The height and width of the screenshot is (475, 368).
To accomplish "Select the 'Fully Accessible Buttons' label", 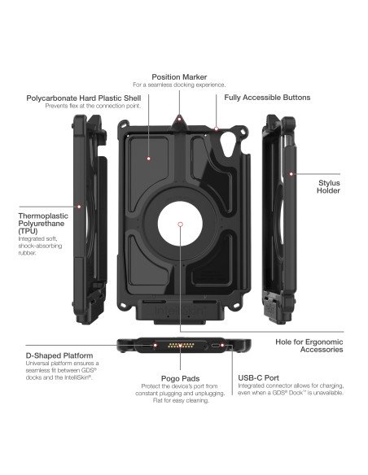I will [267, 98].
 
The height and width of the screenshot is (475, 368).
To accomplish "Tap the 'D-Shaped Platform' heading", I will [59, 355].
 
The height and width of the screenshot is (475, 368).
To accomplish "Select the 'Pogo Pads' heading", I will [175, 378].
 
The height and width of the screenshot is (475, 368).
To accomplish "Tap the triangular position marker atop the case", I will [179, 120].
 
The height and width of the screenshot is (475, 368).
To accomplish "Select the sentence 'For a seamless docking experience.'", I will [179, 85].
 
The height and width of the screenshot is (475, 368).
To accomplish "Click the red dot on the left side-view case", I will [80, 205].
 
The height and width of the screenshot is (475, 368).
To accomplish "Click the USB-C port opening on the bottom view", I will [217, 346].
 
